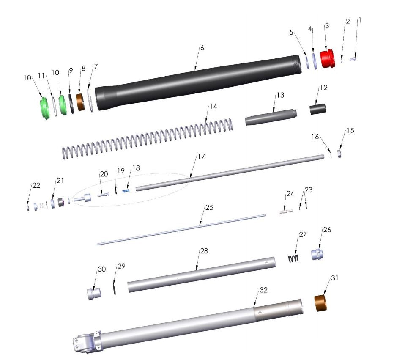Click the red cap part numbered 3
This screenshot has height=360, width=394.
(327, 59)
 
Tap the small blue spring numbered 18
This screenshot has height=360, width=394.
(125, 191)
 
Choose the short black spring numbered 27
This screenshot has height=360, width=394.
(293, 258)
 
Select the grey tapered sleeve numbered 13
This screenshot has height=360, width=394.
(271, 117)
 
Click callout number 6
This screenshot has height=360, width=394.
(202, 48)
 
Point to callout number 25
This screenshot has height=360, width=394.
(210, 208)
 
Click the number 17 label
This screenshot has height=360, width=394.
(201, 157)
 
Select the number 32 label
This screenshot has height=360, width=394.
(264, 290)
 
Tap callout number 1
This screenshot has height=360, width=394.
(360, 20)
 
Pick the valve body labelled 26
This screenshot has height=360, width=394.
(317, 255)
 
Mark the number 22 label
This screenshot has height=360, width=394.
(36, 185)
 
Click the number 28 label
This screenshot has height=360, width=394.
(204, 251)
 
